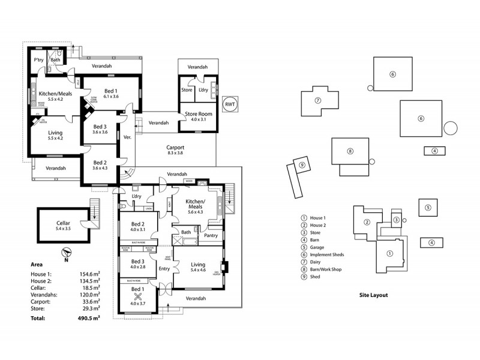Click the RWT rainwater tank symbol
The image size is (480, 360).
click(x=230, y=104)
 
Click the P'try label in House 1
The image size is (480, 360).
click(x=39, y=59)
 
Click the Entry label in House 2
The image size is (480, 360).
click(x=164, y=268)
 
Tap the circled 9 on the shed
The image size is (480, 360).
click(x=302, y=165)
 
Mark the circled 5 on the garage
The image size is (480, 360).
click(x=428, y=208)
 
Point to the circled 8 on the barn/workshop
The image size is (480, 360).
click(x=350, y=151)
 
